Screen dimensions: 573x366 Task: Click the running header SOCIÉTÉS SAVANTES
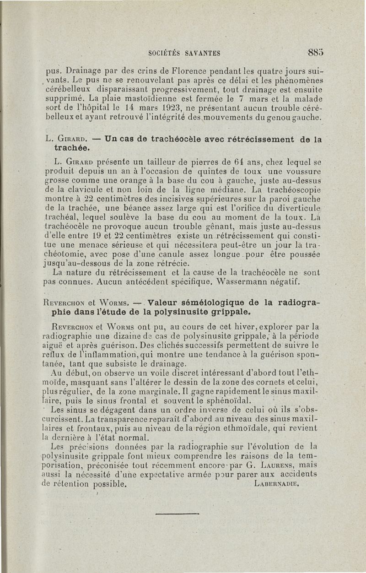184,53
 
